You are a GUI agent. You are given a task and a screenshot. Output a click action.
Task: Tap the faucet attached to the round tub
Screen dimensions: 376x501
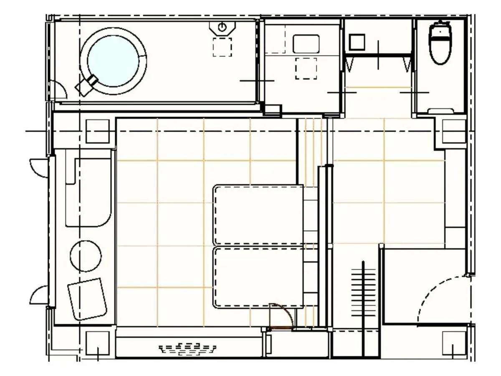point(86,84)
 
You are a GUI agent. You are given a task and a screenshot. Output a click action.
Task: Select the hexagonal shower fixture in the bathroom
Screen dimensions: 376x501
point(223,27)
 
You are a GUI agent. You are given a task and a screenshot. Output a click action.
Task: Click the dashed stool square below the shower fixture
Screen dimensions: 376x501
point(222,47)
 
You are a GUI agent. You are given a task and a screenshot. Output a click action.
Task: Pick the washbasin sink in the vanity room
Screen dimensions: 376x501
point(306,44)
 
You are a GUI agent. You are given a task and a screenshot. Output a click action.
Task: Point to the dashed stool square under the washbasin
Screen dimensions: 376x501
point(306,69)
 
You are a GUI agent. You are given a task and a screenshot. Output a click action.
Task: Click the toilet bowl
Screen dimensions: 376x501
point(440,44)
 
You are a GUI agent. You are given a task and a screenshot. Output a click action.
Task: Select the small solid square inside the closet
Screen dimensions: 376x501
point(357,42)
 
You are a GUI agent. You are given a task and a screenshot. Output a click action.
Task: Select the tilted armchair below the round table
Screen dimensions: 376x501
point(87,299)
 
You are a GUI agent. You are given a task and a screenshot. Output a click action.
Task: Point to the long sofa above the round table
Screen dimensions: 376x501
point(89,192)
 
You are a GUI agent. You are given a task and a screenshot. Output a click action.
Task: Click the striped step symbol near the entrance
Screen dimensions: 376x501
point(362,289)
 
